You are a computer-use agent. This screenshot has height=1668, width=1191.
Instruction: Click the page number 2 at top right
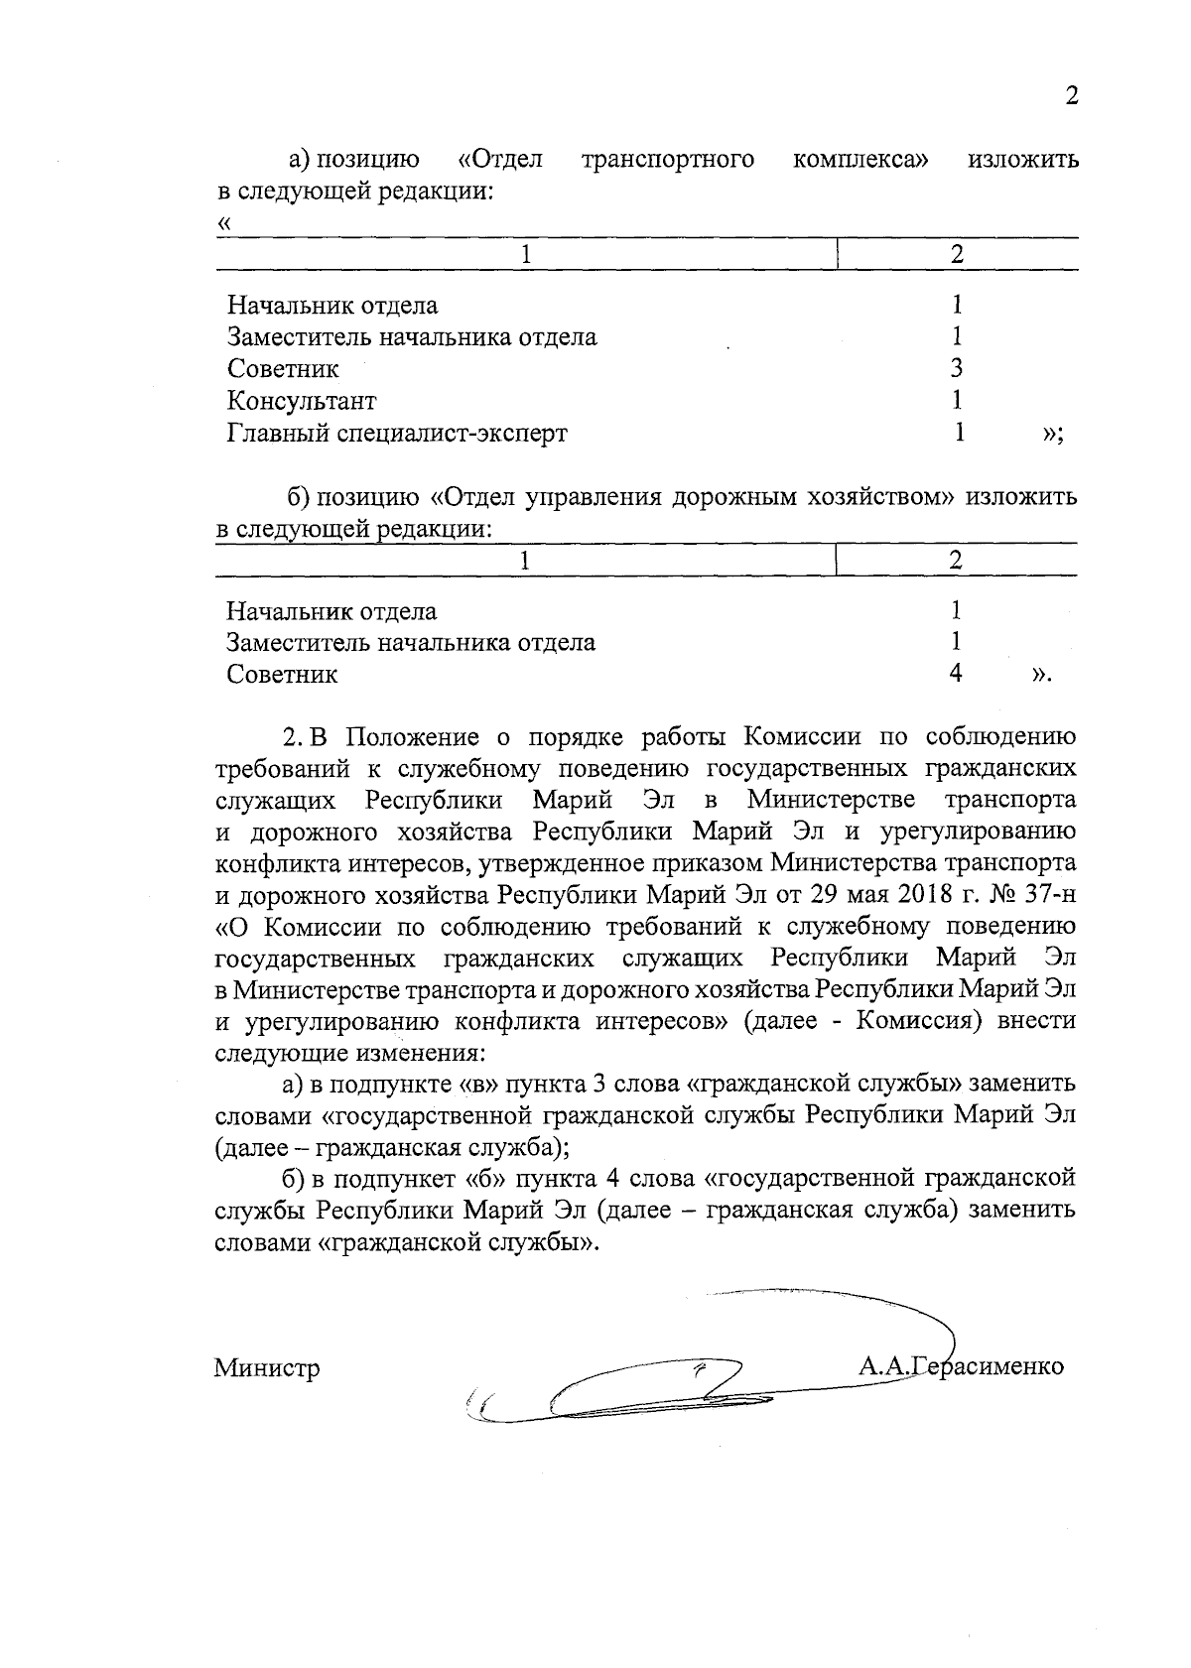tap(1070, 97)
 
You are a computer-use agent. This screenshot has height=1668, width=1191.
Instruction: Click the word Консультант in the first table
tap(302, 401)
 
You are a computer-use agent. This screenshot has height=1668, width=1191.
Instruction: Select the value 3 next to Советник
tap(957, 369)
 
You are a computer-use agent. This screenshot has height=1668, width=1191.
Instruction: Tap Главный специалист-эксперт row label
tap(397, 434)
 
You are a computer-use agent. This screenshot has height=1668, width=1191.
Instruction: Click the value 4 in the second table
tap(956, 674)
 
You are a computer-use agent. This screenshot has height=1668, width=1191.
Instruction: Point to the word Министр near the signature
tap(267, 1368)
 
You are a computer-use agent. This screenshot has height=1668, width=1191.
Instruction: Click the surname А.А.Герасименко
tap(961, 1366)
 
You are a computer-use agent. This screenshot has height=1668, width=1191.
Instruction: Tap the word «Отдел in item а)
tap(501, 160)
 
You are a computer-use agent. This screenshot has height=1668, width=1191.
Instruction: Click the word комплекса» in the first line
tap(861, 160)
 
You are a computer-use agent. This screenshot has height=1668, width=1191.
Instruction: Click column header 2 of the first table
tap(957, 254)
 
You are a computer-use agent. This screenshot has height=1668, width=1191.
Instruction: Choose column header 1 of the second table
tap(526, 560)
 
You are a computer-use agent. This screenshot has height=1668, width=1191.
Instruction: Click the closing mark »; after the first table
tap(1054, 436)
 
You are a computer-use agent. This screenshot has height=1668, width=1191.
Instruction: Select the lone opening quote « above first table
tap(223, 223)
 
